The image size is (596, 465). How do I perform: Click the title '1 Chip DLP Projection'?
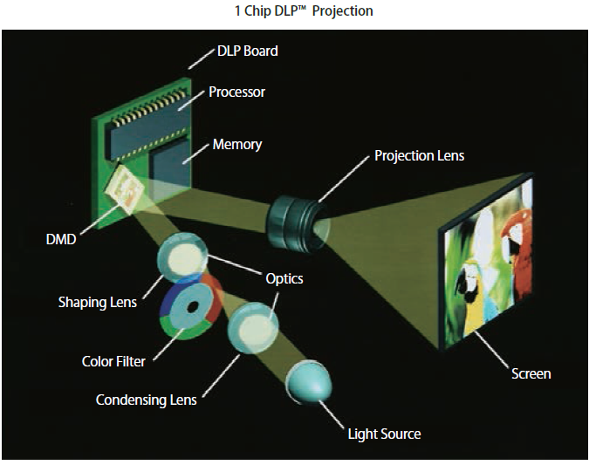click(298, 11)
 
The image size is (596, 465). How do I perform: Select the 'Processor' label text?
click(236, 92)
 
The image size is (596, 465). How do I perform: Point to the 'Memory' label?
click(236, 144)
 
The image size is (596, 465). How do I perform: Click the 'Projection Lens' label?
click(419, 155)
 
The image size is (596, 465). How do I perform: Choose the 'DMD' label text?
click(61, 239)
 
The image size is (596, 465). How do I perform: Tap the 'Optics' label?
click(284, 278)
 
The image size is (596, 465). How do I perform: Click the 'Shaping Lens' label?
click(97, 303)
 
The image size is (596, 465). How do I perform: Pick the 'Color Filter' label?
click(113, 360)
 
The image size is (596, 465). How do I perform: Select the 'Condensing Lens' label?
click(146, 400)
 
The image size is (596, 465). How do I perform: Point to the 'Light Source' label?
click(384, 434)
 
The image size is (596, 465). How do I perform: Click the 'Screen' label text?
click(531, 373)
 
